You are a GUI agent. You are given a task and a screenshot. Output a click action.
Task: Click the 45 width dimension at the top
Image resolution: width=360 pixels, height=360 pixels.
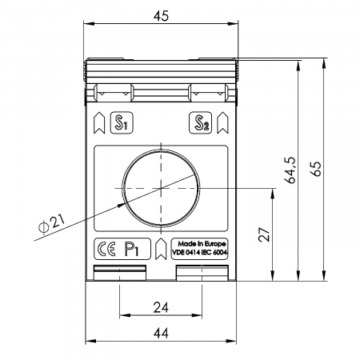point(161,16)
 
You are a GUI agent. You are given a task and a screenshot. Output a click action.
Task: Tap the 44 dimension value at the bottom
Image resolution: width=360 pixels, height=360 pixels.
point(161,333)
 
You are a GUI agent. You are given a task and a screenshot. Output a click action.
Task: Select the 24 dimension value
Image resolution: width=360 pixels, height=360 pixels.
point(161,307)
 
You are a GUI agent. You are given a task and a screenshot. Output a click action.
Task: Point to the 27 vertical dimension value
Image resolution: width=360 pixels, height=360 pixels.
point(264,234)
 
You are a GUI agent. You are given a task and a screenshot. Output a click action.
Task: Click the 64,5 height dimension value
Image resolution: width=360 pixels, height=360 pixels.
point(290,170)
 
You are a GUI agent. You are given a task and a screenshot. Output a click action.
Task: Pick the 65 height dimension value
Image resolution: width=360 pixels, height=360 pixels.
point(316,169)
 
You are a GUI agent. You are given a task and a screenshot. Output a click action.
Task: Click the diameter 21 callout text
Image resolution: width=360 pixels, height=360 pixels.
point(52,223)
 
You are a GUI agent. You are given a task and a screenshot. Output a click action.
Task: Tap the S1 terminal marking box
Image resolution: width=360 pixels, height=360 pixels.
point(122,122)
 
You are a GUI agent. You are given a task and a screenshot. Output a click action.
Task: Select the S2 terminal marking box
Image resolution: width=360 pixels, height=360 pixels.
point(201,122)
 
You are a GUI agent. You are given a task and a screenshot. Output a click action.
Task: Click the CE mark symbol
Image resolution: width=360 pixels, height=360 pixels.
point(106,249)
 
